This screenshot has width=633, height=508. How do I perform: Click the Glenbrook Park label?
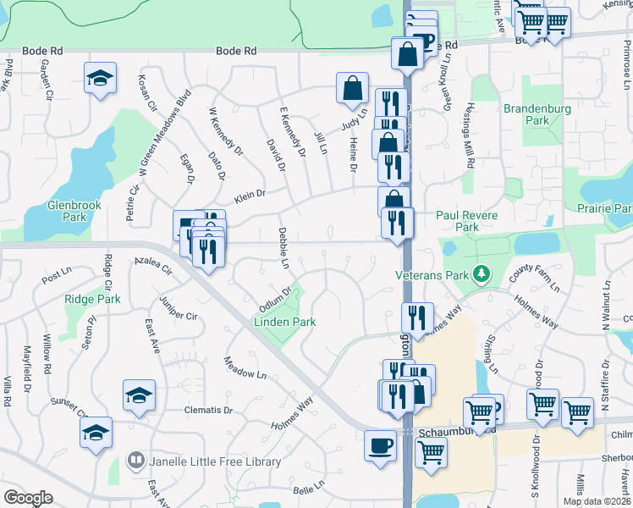coord(74,211)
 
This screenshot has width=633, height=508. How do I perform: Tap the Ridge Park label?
coord(92,299)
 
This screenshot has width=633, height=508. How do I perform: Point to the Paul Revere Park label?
coord(470,221)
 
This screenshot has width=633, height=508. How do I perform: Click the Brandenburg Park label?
coord(537,114)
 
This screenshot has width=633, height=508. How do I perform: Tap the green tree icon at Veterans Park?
coord(482,273)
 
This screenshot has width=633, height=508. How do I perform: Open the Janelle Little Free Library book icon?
coord(135,461)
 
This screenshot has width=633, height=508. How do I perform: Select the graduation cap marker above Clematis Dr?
coord(140,395)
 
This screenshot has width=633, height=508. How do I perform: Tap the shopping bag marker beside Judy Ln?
coord(352,87)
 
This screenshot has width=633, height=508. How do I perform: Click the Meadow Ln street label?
coord(245,367)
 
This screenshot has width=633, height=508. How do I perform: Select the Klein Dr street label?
coord(250,194)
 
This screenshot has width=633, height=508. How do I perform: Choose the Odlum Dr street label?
coord(276,299)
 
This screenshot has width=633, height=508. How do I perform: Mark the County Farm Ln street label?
coord(534,277)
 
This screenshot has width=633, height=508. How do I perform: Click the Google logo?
coord(28,498)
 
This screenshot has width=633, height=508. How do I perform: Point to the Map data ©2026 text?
coord(597,501)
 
